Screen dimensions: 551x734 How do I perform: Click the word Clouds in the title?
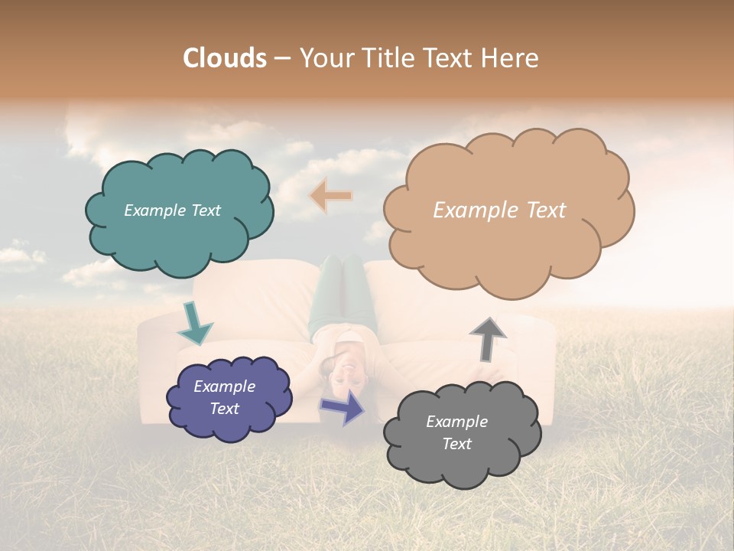(225, 58)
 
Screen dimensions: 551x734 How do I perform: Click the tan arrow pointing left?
(330, 196)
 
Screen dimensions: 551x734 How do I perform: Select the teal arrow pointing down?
(194, 324)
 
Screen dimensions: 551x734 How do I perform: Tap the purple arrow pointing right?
(343, 406)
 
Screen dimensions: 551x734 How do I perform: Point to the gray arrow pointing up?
(488, 337)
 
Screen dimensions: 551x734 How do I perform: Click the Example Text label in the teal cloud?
(172, 210)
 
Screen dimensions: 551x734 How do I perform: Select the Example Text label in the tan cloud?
(499, 210)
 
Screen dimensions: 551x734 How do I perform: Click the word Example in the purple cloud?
(224, 386)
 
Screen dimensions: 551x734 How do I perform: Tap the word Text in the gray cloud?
(456, 444)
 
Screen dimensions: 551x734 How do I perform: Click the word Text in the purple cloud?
(224, 409)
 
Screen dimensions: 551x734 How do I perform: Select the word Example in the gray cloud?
(456, 422)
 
